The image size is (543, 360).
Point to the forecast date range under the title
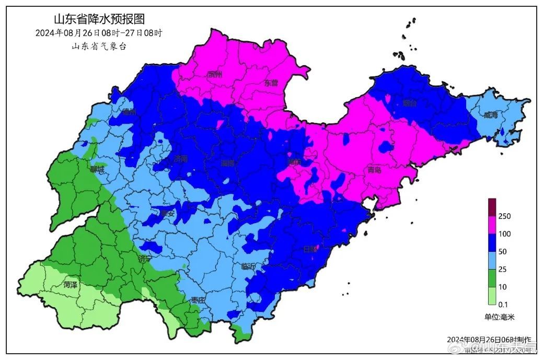point(99,33)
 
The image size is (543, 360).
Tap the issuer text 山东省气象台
point(99,46)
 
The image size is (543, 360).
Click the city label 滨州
point(215,75)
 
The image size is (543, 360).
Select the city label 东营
point(271,83)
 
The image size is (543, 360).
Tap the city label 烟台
point(410,103)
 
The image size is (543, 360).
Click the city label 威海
point(491,115)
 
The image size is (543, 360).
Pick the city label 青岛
point(375,170)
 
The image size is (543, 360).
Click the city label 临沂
point(249,266)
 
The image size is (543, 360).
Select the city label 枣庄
point(198,300)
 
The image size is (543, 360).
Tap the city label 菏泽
point(70,285)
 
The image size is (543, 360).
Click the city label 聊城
point(97,169)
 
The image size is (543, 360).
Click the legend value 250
point(504,216)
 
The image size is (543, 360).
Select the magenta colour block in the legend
point(492,225)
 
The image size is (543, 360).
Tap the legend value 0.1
point(503,305)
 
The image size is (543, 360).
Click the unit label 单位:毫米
point(500,317)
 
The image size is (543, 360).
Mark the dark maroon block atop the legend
point(492,207)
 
